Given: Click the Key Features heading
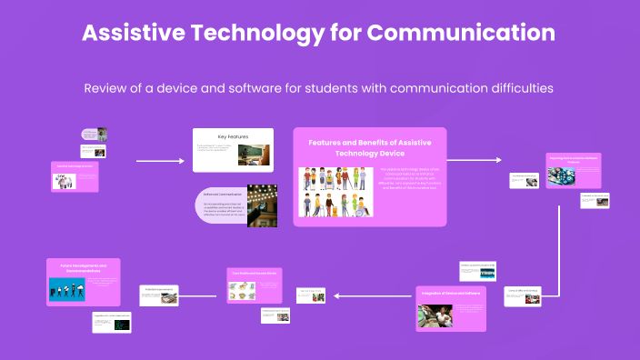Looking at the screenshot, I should (x=233, y=136).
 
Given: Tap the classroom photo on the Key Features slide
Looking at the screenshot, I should (x=254, y=155).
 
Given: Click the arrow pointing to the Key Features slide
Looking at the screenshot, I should (x=160, y=162).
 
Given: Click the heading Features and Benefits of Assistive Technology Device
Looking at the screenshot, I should (x=368, y=147).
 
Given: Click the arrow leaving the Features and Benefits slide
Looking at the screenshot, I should (x=474, y=160).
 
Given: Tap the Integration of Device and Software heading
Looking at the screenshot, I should (x=452, y=294).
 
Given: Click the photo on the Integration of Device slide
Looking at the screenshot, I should (x=435, y=315).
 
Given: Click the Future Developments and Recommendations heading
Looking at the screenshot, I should (x=83, y=266).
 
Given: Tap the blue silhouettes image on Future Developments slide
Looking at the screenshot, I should (x=68, y=288).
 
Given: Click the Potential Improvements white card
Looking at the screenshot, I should (x=159, y=292).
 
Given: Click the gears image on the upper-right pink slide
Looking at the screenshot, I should (x=560, y=173).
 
